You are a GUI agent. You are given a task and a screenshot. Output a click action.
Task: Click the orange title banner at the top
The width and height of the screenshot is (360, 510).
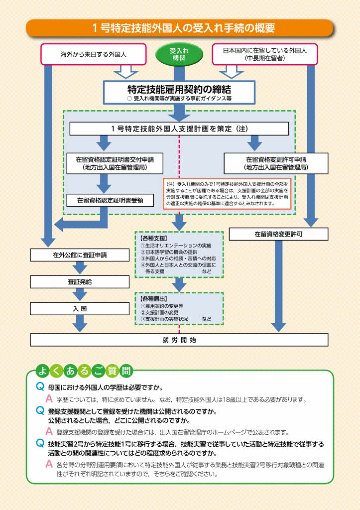click(x=180, y=28)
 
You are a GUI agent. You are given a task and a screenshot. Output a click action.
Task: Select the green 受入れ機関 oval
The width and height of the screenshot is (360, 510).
click(x=179, y=55)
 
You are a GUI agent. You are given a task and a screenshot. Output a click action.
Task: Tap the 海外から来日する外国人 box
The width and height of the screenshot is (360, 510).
click(x=93, y=54)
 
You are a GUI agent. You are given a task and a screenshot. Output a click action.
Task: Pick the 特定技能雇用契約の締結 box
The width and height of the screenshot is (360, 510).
click(x=179, y=92)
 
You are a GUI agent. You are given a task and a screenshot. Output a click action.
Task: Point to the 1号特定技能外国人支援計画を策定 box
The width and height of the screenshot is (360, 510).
click(x=179, y=128)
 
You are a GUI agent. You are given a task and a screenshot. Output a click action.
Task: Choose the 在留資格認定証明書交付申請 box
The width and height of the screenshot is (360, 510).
click(x=115, y=163)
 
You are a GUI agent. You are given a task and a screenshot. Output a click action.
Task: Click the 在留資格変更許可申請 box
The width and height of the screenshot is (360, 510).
click(x=276, y=163)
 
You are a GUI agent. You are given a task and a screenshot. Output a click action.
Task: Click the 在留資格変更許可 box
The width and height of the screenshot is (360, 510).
click(x=278, y=234)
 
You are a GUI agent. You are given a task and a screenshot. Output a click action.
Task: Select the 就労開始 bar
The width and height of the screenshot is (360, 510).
click(x=179, y=340)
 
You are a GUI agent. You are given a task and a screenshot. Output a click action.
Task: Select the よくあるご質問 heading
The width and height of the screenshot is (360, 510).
click(x=84, y=371)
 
